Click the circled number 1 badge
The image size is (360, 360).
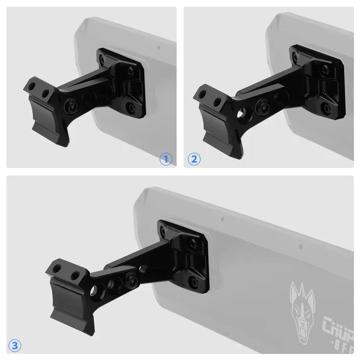tap(166, 159)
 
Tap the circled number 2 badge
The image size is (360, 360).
tap(194, 159)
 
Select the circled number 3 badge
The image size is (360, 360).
tap(15, 344)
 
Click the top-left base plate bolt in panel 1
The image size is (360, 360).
tap(102, 60)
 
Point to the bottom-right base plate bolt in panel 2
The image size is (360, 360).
tap(326, 109)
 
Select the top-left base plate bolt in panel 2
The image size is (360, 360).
tap(295, 58)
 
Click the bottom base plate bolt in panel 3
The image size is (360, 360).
tap(194, 282)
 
